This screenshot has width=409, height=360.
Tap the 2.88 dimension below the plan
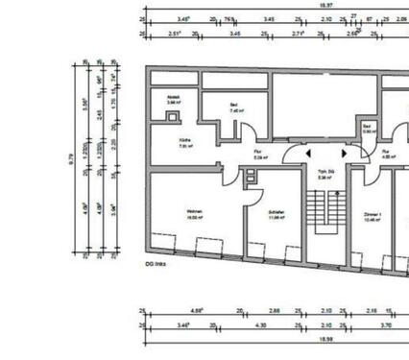pyautogui.click(x=275, y=312)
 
